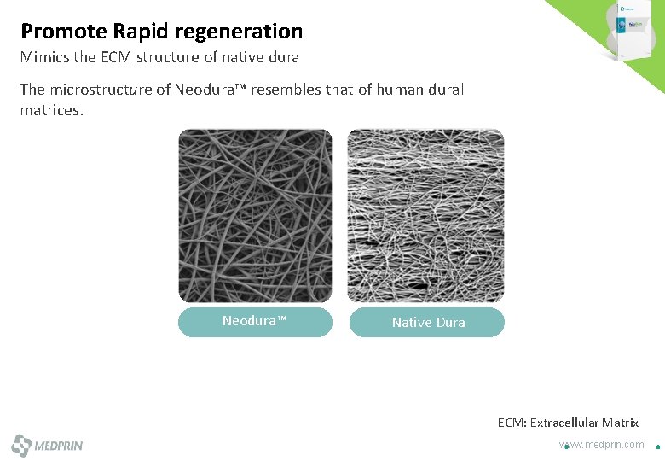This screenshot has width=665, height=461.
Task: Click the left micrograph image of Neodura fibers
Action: click(x=255, y=215)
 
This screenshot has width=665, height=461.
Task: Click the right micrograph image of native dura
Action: click(x=425, y=215)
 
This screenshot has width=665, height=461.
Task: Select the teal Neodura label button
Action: click(x=255, y=322)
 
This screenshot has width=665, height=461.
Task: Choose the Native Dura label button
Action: click(x=427, y=323)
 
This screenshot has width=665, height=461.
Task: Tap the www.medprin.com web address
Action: click(x=602, y=445)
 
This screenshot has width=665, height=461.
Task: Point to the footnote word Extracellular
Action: click(x=564, y=423)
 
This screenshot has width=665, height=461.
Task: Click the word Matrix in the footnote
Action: click(x=621, y=423)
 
